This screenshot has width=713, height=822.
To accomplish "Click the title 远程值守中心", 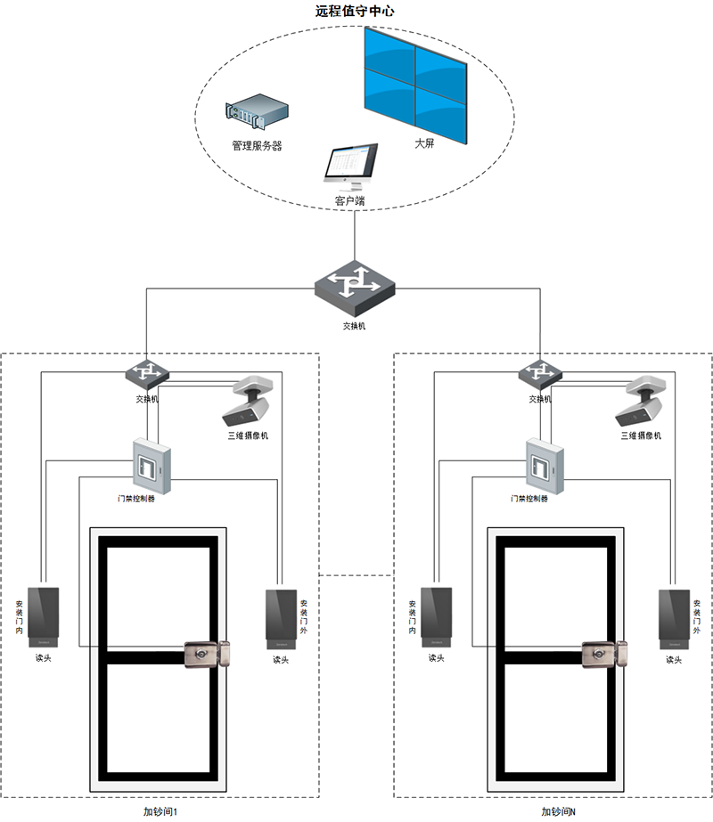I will tap(356, 12).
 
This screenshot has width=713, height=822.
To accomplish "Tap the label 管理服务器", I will tap(257, 146).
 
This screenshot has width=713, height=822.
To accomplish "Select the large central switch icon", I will tap(355, 284).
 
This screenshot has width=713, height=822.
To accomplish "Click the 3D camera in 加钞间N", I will tap(640, 403).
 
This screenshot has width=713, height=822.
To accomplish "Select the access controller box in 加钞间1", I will tap(151, 465).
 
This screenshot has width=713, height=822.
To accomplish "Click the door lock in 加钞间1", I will tap(208, 656).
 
